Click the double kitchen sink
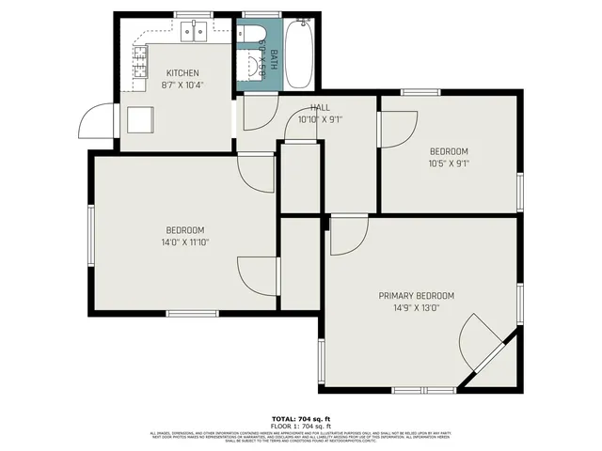pos(195,33)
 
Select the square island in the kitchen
pos(141,119)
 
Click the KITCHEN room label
pos(182,73)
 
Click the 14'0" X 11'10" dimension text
pos(185,242)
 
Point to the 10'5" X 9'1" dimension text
pos(449,163)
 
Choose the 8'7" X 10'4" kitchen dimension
pos(183,85)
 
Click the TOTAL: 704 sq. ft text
pos(301,418)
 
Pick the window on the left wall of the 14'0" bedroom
pos(91,235)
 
